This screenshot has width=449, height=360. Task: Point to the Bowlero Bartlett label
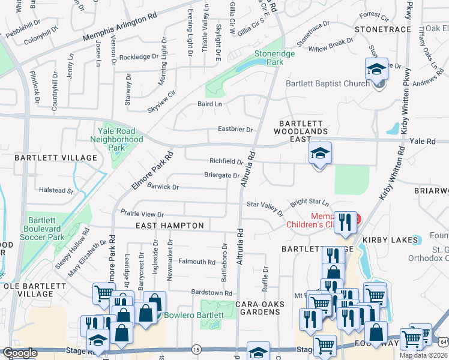click(x=193, y=315)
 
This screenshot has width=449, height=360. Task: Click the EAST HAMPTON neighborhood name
click(x=170, y=226)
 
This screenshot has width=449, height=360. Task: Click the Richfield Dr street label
click(x=226, y=161)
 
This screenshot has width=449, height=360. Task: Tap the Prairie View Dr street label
click(x=142, y=214)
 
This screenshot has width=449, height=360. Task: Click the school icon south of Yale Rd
click(x=320, y=154)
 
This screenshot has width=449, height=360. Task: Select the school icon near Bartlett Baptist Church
click(x=376, y=70)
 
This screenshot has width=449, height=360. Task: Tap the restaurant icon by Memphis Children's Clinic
click(x=345, y=221)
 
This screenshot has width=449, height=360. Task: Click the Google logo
click(x=20, y=353)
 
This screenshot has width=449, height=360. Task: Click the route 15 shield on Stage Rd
click(x=196, y=349)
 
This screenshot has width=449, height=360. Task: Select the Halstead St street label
click(x=56, y=191)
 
